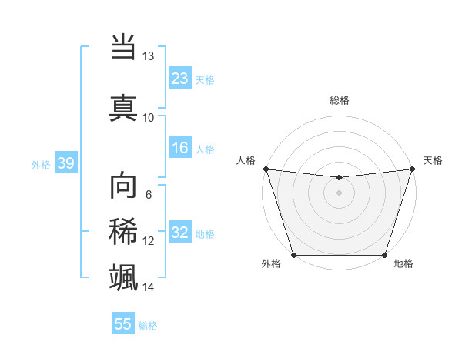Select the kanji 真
[x=123, y=107]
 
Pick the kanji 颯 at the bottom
[x=123, y=276]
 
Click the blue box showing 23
[x=180, y=79]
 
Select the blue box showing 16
[x=180, y=149]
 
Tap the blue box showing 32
[x=180, y=233]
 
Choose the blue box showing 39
[x=66, y=163]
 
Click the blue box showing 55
[x=123, y=324]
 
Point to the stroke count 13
[x=148, y=56]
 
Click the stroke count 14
[x=148, y=287]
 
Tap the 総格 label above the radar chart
[x=339, y=100]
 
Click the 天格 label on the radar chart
[x=433, y=160]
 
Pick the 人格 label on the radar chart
[x=246, y=160]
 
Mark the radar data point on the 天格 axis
[x=412, y=169]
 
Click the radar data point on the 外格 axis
[x=293, y=255]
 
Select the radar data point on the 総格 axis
[x=339, y=178]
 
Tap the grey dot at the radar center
[x=339, y=193]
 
